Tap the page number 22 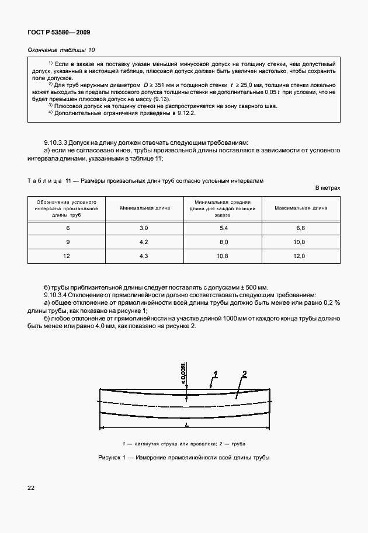pyautogui.click(x=31, y=487)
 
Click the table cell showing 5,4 pyautogui.click(x=223, y=227)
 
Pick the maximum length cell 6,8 pyautogui.click(x=300, y=227)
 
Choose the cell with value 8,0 pyautogui.click(x=223, y=241)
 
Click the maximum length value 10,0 pyautogui.click(x=300, y=241)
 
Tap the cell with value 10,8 pyautogui.click(x=223, y=256)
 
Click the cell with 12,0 pyautogui.click(x=300, y=256)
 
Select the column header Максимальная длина pyautogui.click(x=300, y=208)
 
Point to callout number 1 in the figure pyautogui.click(x=215, y=374)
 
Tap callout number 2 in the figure pyautogui.click(x=245, y=374)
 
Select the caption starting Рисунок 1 pyautogui.click(x=184, y=457)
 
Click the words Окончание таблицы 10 pyautogui.click(x=61, y=50)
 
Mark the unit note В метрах pyautogui.click(x=327, y=188)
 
